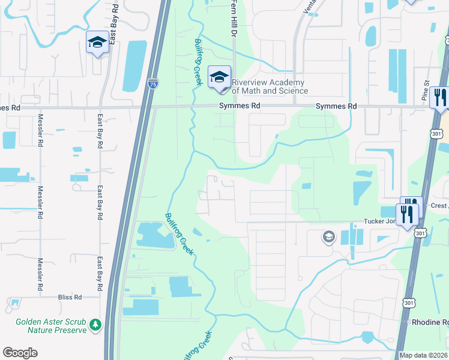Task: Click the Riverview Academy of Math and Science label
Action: (x=268, y=87)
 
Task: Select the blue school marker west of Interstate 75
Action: (x=97, y=43)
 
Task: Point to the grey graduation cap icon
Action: (x=328, y=237)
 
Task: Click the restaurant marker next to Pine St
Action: (x=440, y=97)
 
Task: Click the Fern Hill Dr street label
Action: (x=234, y=18)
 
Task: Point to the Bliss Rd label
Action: (x=70, y=297)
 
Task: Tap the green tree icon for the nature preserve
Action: (x=95, y=325)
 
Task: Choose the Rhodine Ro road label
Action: (x=430, y=322)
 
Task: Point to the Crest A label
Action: (x=439, y=206)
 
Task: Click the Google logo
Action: (x=20, y=353)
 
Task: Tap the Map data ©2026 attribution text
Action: (x=424, y=355)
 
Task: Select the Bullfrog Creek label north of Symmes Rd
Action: (x=197, y=62)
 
